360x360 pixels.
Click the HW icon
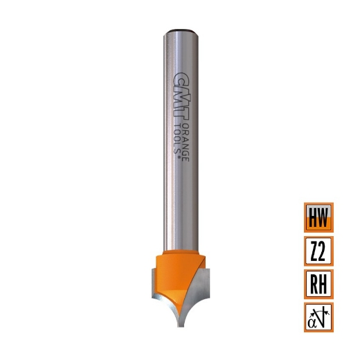point(318,217)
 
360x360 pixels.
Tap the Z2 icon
point(318,250)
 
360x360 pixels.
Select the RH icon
point(318,283)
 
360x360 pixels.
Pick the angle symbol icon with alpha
point(318,316)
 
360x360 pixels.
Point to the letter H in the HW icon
point(312,217)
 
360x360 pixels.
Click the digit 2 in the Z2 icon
point(324,250)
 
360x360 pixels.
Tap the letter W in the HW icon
point(324,217)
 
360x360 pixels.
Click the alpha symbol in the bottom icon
point(313,320)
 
